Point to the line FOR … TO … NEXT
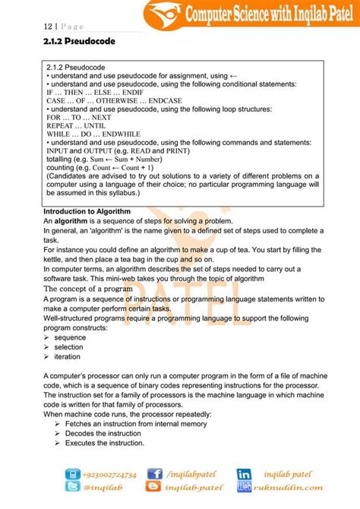click(x=78, y=118)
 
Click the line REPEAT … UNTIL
click(x=74, y=126)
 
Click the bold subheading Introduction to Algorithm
click(x=87, y=211)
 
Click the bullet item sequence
click(x=70, y=337)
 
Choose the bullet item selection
click(x=69, y=346)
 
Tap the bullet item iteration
click(x=68, y=356)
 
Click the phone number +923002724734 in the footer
click(x=105, y=474)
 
